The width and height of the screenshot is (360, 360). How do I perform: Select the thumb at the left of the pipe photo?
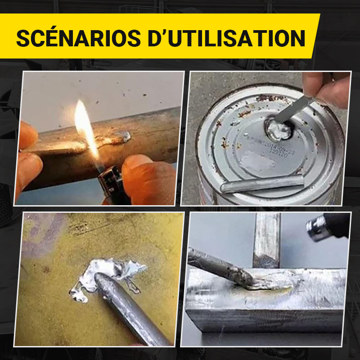[28, 135]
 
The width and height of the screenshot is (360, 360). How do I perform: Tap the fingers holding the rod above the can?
[326, 88]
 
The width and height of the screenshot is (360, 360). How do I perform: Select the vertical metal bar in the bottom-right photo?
[266, 238]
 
